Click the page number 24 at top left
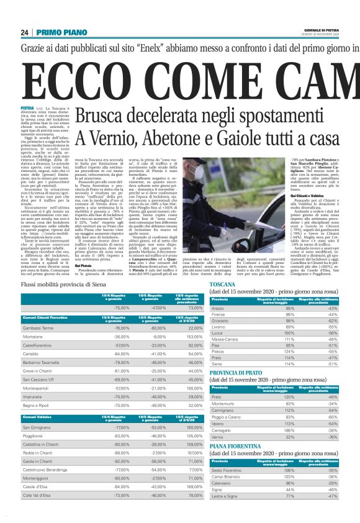24,32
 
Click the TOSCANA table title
223,283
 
